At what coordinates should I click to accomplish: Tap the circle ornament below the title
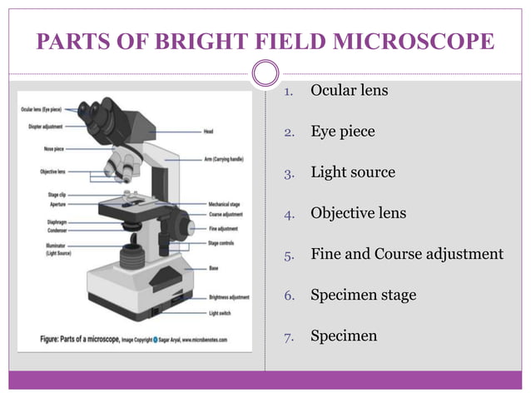tap(265, 75)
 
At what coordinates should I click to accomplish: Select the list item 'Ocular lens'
tap(349, 90)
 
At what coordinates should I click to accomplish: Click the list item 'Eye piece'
tap(343, 132)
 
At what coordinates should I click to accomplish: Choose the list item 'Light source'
tap(353, 172)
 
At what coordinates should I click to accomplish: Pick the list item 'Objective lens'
tap(359, 213)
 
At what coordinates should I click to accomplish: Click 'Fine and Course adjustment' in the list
tap(407, 254)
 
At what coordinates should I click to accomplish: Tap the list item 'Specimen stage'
tap(364, 295)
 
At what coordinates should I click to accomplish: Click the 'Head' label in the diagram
tap(209, 131)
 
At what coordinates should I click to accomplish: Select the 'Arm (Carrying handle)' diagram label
tap(223, 159)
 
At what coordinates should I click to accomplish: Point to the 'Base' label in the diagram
tap(212, 269)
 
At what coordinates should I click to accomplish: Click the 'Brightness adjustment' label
tap(228, 297)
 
